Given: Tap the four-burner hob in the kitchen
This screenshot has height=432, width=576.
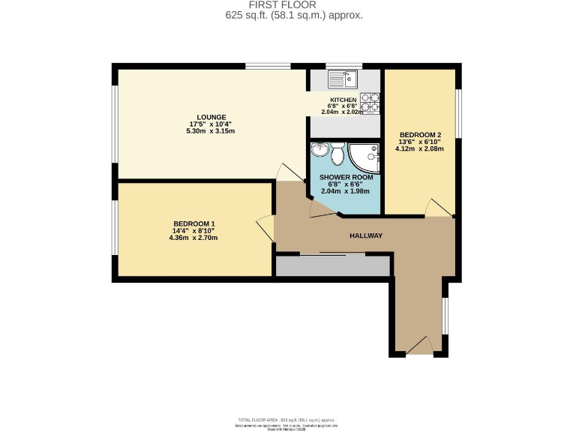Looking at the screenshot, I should click(x=370, y=103).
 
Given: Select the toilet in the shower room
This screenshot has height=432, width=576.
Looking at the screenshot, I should click(x=338, y=154).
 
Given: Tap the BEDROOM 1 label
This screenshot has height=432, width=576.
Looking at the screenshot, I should click(x=194, y=223).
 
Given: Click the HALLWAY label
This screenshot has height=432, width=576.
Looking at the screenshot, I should click(x=366, y=236).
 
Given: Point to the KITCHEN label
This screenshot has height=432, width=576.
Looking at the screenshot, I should click(x=343, y=100).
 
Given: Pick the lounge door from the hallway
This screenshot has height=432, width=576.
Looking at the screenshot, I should click(x=287, y=172).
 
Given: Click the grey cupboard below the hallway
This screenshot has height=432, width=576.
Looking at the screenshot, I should click(x=333, y=265).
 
